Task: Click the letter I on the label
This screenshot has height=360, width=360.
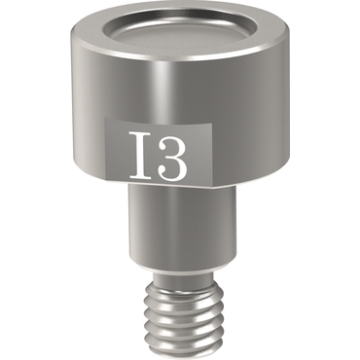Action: [140, 155]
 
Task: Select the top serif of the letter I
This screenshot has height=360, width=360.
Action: [140, 133]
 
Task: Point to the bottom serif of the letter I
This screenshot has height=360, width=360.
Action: [140, 177]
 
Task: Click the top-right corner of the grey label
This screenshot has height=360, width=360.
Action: [212, 124]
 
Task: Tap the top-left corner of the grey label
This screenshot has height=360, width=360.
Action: [104, 118]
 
